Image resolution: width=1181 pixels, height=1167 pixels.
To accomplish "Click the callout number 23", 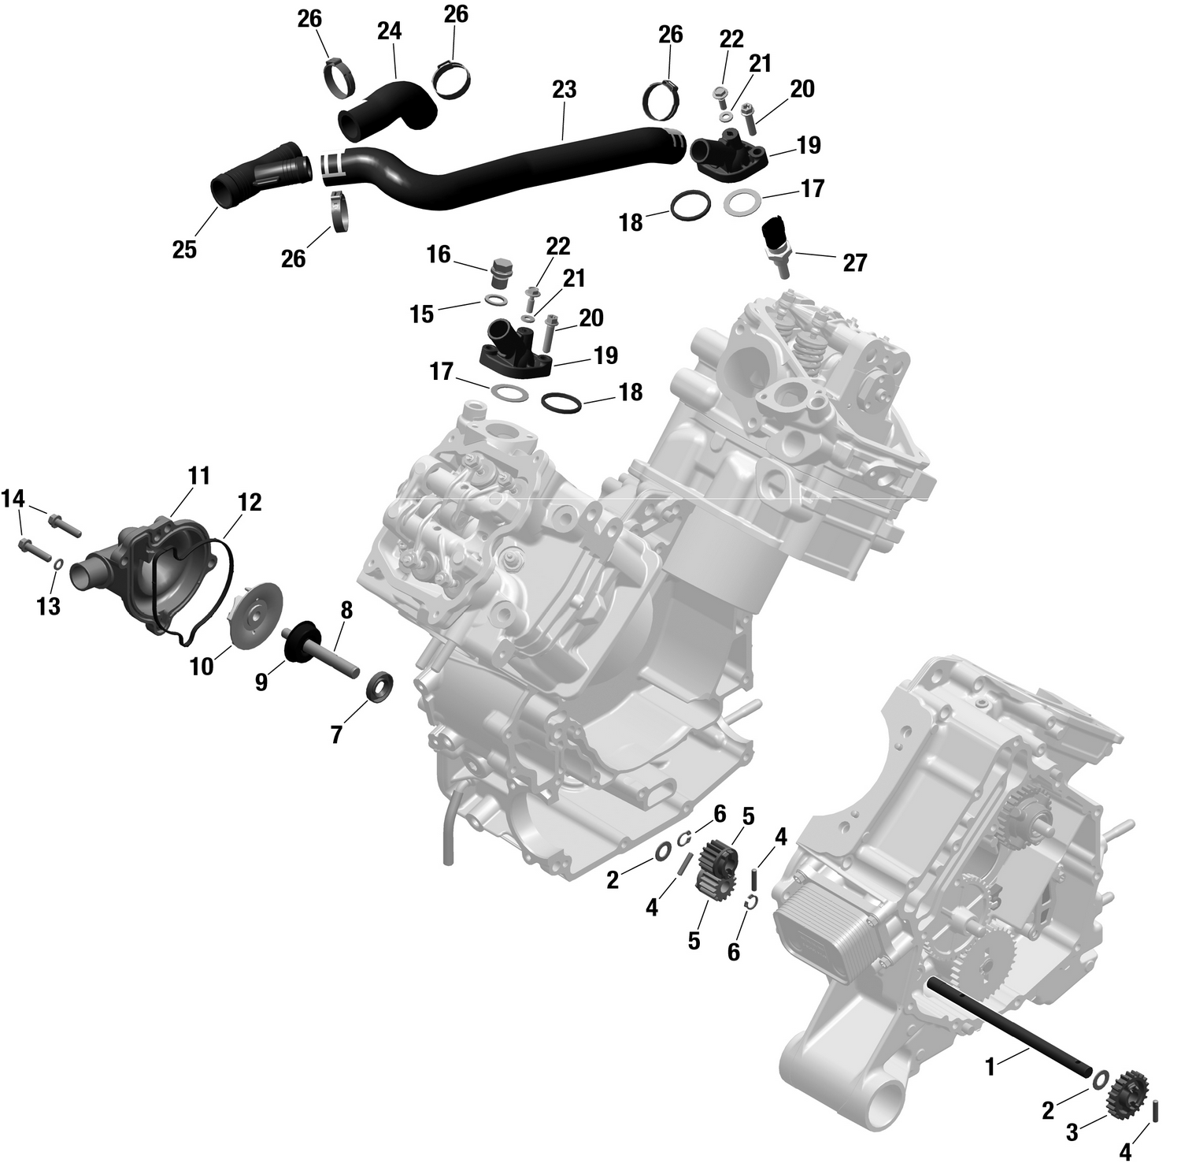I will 565,90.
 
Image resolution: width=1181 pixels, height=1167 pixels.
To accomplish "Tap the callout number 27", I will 854,262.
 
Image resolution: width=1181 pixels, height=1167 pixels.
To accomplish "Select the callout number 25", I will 184,250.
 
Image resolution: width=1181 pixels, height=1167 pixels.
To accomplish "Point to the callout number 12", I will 250,502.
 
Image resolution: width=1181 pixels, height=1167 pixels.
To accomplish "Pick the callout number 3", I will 1072,1133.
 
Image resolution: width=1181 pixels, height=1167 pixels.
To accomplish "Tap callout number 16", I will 439,255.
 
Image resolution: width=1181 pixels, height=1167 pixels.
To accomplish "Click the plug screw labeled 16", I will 499,273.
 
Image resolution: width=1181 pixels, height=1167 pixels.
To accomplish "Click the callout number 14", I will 13,499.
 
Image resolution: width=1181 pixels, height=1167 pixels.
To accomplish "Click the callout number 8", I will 346,610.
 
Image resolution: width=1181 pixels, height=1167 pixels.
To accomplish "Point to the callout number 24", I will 389,32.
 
